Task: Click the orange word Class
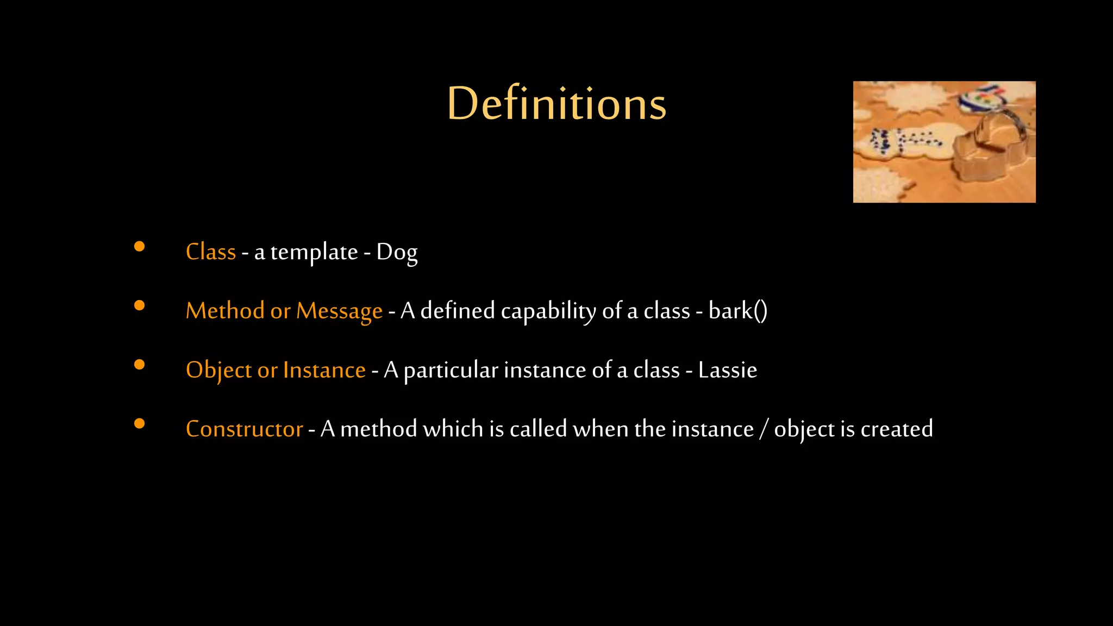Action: pyautogui.click(x=211, y=252)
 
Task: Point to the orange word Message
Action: pyautogui.click(x=339, y=311)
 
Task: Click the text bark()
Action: pyautogui.click(x=737, y=311)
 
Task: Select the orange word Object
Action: pyautogui.click(x=218, y=371)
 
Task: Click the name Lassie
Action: pyautogui.click(x=727, y=370)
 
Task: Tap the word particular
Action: pyautogui.click(x=451, y=371)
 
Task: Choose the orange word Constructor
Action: pyautogui.click(x=244, y=429)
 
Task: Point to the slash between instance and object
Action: pyautogui.click(x=764, y=429)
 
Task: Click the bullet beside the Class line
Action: pyautogui.click(x=140, y=247)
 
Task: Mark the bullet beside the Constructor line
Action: pyautogui.click(x=140, y=424)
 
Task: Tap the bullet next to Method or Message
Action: pyautogui.click(x=140, y=306)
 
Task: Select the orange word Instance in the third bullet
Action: pyautogui.click(x=324, y=371)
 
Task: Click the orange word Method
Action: pyautogui.click(x=225, y=311)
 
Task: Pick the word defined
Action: pyautogui.click(x=458, y=311)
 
